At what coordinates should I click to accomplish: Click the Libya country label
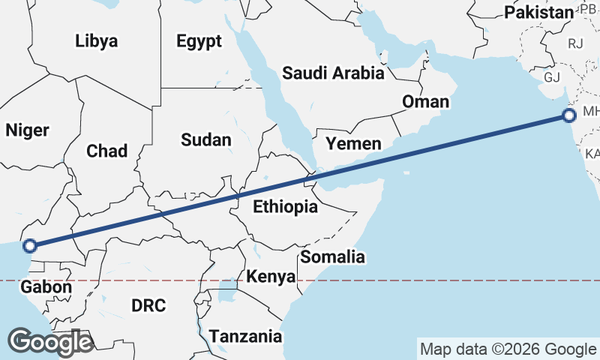[x=97, y=41]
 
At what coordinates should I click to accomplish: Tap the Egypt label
[x=199, y=41]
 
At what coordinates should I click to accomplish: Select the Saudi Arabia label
[x=333, y=73]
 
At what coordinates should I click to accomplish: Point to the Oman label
[x=425, y=101]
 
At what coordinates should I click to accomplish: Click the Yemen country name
[x=353, y=143]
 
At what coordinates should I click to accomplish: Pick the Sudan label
[x=205, y=139]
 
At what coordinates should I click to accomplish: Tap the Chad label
[x=106, y=151]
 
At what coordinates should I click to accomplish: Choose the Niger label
[x=27, y=130]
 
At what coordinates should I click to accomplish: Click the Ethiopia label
[x=285, y=207]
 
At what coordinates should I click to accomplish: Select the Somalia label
[x=332, y=257]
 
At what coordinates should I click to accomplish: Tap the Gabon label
[x=46, y=286]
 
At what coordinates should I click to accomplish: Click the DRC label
[x=148, y=305]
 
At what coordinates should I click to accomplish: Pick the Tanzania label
[x=246, y=336]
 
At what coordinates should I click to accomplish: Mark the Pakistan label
[x=538, y=12]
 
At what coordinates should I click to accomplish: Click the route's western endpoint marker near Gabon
[x=29, y=245]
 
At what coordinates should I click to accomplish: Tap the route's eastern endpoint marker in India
[x=568, y=115]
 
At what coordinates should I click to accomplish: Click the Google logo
[x=50, y=342]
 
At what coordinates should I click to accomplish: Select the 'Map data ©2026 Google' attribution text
[x=507, y=349]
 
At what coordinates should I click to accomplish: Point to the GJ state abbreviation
[x=552, y=76]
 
